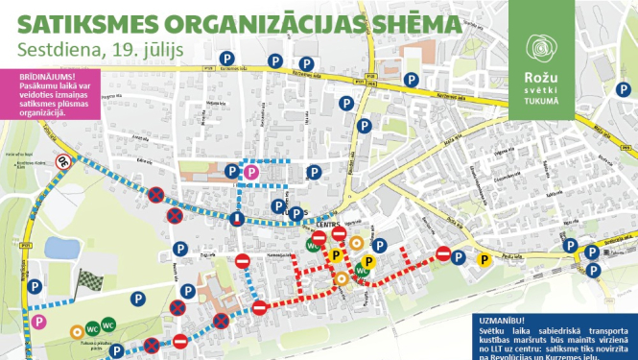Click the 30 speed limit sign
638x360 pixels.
[65, 162]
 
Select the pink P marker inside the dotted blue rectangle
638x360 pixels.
[251, 172]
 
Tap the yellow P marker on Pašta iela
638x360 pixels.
[484, 258]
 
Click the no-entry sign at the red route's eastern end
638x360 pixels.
[444, 252]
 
